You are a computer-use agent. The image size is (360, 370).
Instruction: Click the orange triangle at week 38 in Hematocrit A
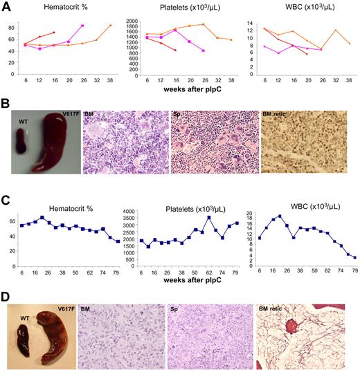(110, 26)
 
